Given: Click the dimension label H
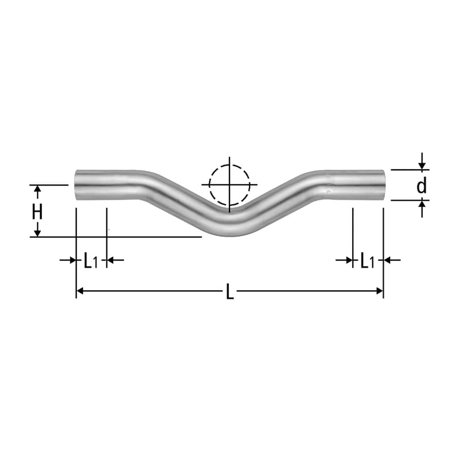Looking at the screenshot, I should click(37, 211).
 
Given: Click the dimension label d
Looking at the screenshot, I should click(422, 186).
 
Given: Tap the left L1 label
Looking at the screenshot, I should click(90, 261).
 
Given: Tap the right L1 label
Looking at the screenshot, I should click(367, 261).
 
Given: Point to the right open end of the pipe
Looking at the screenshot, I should click(383, 185).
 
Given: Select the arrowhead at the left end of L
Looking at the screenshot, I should click(80, 291).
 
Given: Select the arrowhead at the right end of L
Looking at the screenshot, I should click(380, 291).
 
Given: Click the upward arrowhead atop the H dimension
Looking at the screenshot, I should click(37, 189).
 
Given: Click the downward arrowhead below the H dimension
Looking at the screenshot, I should click(37, 232).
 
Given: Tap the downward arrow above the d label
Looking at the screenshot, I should click(422, 166).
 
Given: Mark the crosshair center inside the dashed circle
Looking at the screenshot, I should click(229, 185).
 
